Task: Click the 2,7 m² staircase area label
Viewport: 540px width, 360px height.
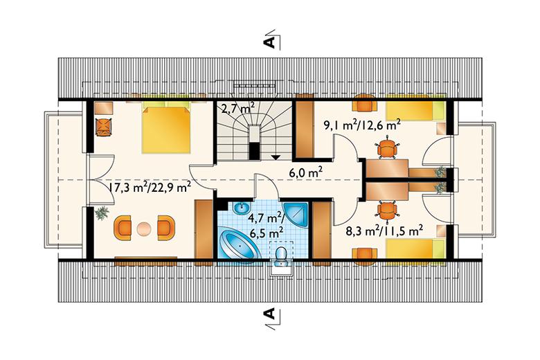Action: (238, 109)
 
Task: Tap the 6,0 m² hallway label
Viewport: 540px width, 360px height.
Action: (305, 172)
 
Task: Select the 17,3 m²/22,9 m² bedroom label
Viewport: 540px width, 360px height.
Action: (150, 188)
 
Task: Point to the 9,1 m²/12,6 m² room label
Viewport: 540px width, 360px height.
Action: (361, 125)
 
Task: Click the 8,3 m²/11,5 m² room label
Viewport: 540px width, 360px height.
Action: (385, 230)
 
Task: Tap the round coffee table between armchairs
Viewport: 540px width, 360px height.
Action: (143, 228)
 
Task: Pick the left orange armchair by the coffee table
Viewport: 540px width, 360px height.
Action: (123, 228)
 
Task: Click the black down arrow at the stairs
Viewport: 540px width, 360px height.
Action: (275, 157)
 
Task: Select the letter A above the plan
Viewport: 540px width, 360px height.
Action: (269, 42)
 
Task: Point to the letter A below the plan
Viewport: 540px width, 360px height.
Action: (269, 314)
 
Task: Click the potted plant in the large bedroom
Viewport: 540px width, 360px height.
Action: (102, 213)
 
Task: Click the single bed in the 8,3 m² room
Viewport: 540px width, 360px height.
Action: (414, 249)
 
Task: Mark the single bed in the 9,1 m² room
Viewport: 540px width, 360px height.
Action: (414, 111)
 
